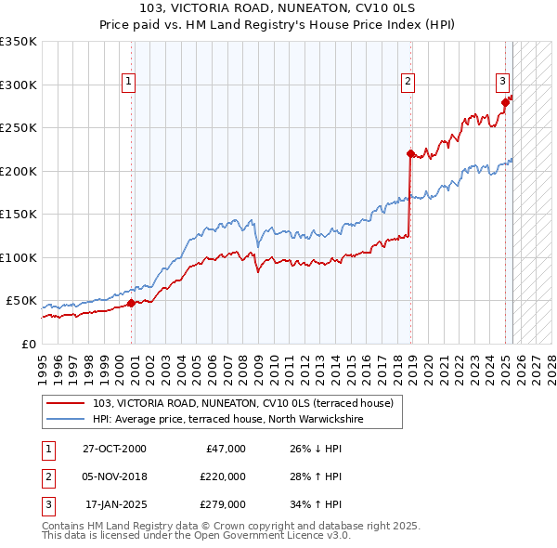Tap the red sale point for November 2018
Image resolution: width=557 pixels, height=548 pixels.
point(409,153)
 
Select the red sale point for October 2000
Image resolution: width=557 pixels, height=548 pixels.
point(131,303)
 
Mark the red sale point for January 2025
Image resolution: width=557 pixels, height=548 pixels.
point(505,102)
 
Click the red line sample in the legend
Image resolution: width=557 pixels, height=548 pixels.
point(66,403)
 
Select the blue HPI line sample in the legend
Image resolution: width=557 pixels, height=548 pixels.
point(66,419)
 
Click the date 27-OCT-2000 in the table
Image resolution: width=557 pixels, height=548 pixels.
point(114,449)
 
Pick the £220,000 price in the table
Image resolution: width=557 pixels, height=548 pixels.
point(223,476)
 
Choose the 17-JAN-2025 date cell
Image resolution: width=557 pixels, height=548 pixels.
point(116,504)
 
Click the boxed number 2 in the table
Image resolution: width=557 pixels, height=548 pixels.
point(46,476)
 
